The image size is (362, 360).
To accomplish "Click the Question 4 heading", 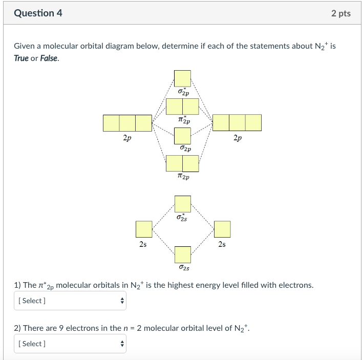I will [38, 13].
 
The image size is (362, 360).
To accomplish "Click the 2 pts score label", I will [340, 13].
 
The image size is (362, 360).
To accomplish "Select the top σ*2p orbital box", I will [183, 78].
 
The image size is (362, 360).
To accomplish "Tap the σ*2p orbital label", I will [183, 93].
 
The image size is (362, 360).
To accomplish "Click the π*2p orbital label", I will [183, 121].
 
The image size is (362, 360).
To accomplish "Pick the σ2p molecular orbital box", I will [183, 136].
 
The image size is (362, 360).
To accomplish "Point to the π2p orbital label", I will [183, 177].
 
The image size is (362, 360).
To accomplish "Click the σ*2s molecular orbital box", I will [183, 204].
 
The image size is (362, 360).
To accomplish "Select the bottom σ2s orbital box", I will [183, 255].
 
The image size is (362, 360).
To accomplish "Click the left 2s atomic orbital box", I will [144, 229].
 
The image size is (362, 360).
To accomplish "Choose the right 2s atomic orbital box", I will [222, 229].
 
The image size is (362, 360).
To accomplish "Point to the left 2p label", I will [127, 138].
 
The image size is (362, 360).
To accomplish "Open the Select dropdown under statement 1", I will [70, 301].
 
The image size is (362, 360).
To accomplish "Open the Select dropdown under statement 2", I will [70, 344].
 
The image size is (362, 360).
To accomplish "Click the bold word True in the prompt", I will [21, 58].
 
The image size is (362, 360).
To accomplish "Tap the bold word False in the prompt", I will [49, 58].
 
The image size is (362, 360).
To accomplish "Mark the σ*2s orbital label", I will [183, 219].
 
